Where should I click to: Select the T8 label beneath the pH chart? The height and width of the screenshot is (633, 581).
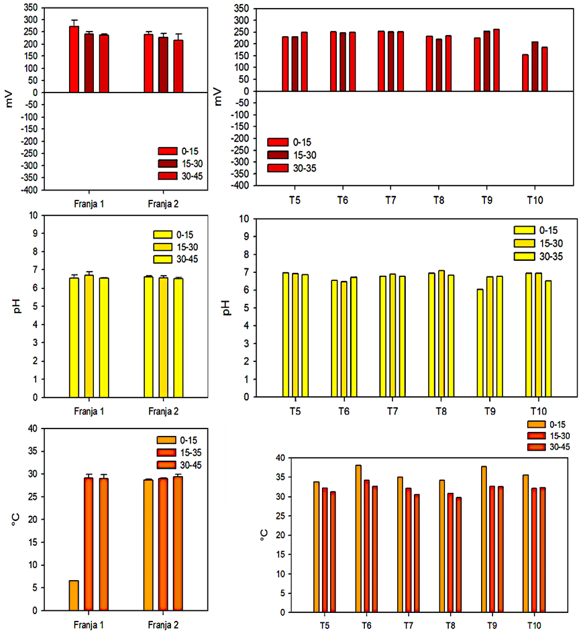(x=441, y=410)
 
